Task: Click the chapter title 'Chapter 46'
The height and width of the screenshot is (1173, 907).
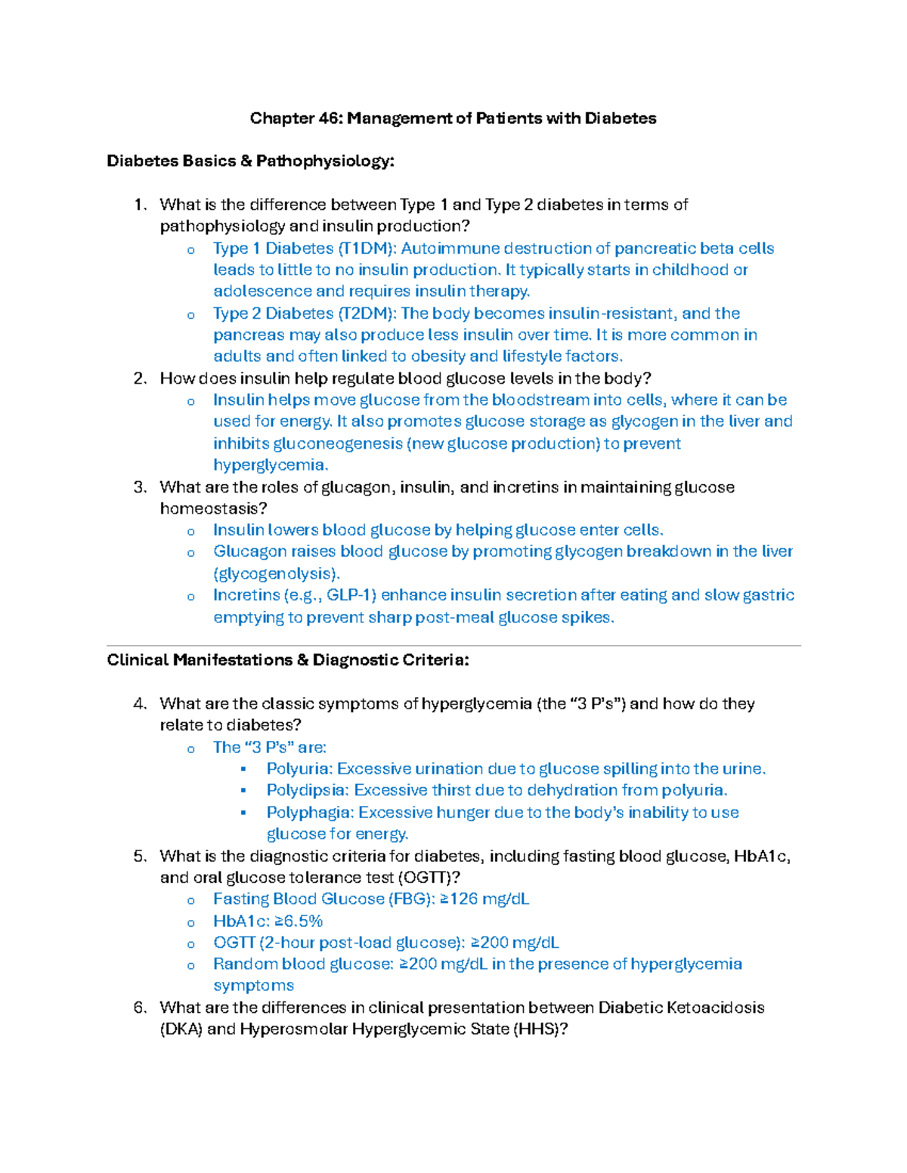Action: (x=295, y=118)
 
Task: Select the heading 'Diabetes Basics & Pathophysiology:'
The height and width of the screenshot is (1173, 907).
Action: (x=250, y=161)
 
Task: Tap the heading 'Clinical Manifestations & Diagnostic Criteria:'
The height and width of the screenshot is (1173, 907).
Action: (x=287, y=660)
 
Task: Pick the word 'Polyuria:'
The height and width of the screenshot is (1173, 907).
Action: (x=299, y=769)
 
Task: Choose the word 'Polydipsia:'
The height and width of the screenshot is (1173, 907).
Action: (x=308, y=790)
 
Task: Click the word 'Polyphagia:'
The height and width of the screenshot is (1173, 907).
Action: (x=310, y=813)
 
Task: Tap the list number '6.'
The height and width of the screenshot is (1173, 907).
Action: (x=140, y=1008)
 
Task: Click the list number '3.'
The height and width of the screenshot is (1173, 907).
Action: (x=140, y=487)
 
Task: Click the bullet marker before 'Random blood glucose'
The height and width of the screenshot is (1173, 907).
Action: (x=191, y=965)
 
